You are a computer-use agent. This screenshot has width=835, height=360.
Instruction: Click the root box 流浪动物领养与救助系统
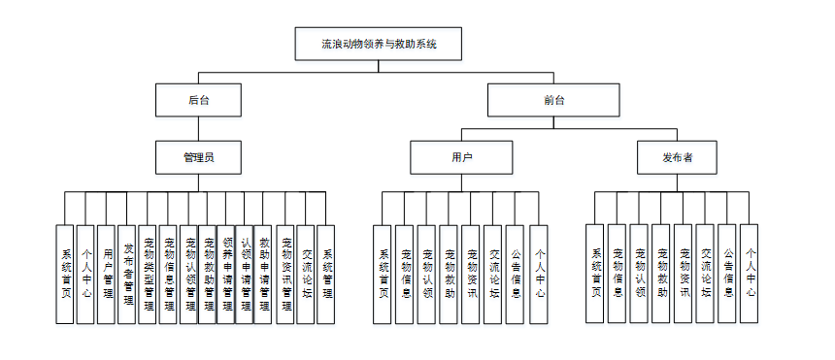tap(378, 44)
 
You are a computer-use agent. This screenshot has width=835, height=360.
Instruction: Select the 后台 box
tap(198, 100)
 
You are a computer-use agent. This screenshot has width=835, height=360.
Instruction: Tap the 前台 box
tap(553, 100)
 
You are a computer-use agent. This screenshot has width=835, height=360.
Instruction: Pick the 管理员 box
tap(198, 157)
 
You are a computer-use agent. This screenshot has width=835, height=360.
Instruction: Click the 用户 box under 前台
tap(461, 157)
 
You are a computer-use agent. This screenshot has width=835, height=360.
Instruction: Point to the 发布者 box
tap(677, 157)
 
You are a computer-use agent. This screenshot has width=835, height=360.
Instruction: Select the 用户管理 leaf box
tap(106, 275)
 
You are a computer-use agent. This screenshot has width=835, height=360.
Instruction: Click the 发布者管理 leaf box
tap(127, 275)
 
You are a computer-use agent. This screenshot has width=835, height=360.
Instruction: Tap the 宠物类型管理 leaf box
tap(148, 275)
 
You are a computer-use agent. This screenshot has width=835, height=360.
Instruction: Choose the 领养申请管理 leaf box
tap(226, 275)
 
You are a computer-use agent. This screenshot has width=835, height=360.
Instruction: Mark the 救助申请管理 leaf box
tap(262, 275)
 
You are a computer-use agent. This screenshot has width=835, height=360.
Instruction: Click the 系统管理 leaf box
tap(326, 275)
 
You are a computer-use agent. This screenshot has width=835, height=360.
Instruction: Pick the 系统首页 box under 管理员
tap(64, 275)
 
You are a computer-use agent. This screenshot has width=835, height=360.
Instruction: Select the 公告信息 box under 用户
tap(515, 275)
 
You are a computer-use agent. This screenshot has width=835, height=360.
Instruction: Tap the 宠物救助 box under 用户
tap(449, 275)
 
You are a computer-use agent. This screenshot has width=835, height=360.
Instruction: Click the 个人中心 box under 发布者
tap(749, 274)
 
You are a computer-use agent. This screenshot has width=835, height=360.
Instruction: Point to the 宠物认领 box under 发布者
tap(639, 274)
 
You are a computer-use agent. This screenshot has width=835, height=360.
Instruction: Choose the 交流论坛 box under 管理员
tap(305, 275)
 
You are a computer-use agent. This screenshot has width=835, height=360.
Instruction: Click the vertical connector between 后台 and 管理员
tap(198, 129)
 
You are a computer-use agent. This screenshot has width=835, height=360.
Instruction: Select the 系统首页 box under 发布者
tap(595, 274)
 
